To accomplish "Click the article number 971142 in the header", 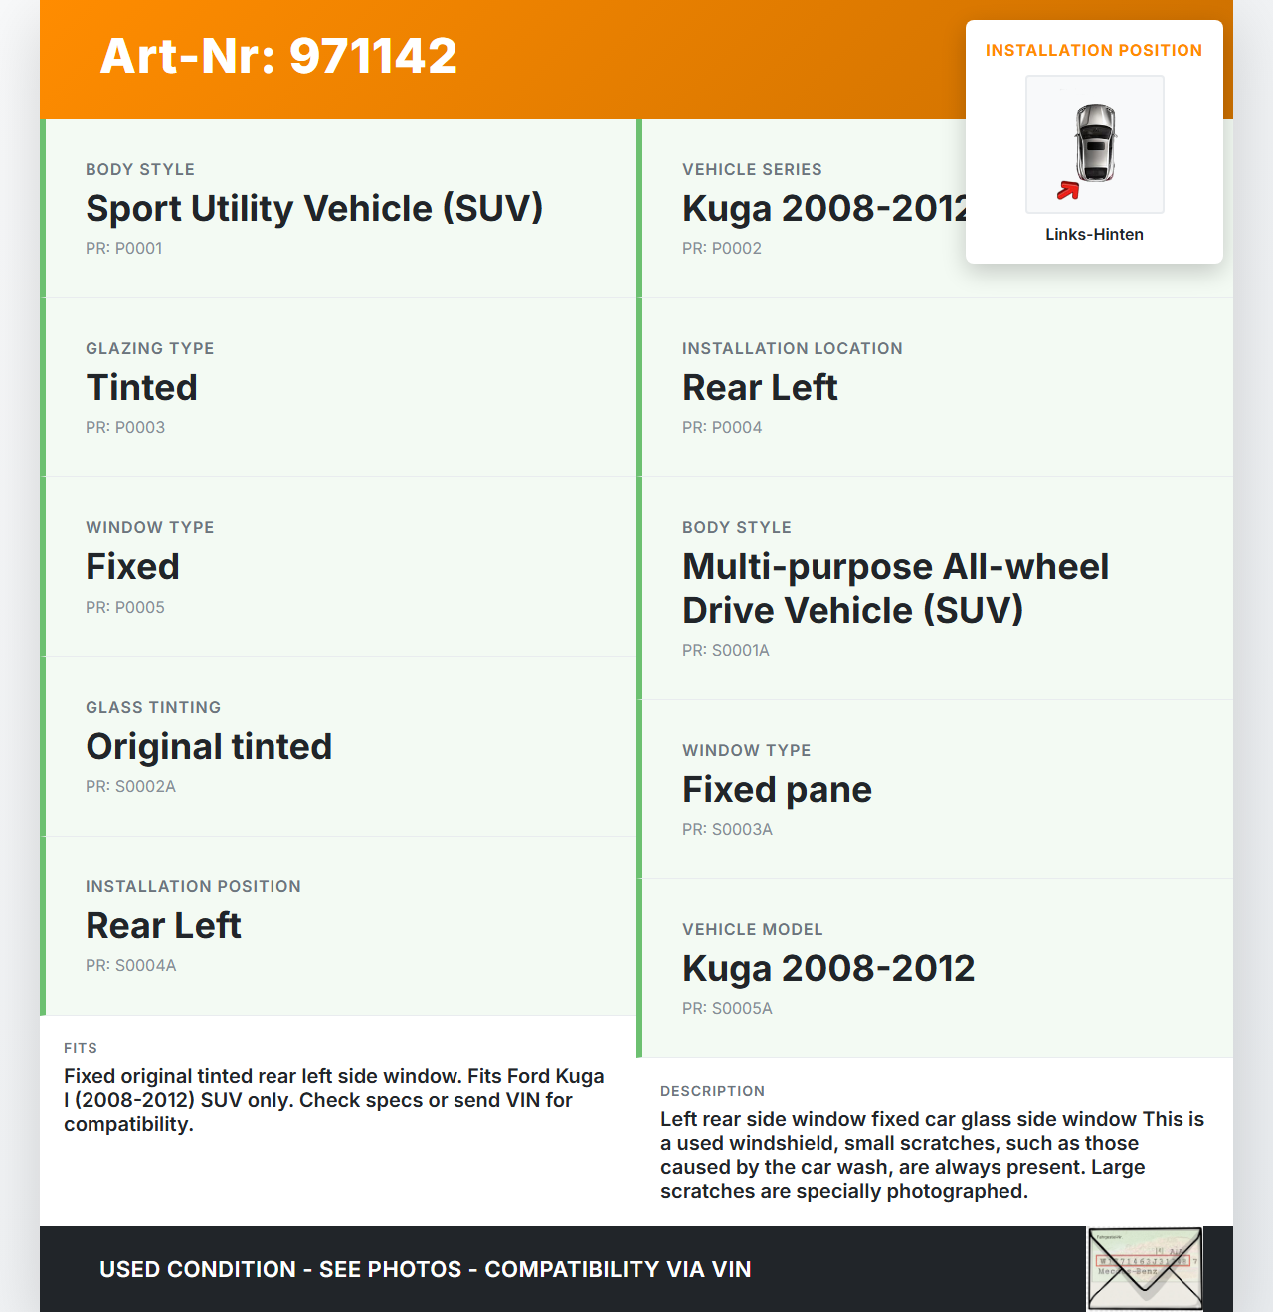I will click(x=278, y=56).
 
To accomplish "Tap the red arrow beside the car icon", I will click(x=1068, y=190).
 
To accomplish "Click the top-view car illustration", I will click(x=1095, y=143).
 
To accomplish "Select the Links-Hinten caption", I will click(x=1094, y=235).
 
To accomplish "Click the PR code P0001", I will click(x=123, y=249).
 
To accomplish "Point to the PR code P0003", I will click(x=125, y=428).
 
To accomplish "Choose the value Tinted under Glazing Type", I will click(x=142, y=388).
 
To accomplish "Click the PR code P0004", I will click(x=722, y=428).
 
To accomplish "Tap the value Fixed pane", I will click(x=777, y=790).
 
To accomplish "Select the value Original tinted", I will click(x=209, y=747).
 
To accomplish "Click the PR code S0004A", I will click(x=130, y=966).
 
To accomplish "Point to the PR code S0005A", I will click(x=727, y=1009).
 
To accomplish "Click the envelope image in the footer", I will click(x=1145, y=1269).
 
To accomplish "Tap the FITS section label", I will click(x=81, y=1048).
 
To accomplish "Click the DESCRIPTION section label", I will click(x=712, y=1091).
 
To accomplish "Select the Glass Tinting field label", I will click(x=153, y=708).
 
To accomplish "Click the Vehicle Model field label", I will click(x=752, y=930).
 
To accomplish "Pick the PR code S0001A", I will click(x=726, y=651).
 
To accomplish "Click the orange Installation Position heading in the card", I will click(x=1094, y=51).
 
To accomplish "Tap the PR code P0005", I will click(x=125, y=608).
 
